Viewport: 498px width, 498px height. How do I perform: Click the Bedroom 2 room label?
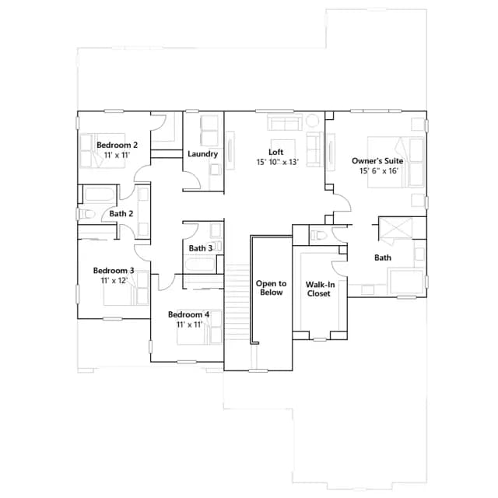pyautogui.click(x=117, y=146)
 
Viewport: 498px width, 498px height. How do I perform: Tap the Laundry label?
pyautogui.click(x=202, y=154)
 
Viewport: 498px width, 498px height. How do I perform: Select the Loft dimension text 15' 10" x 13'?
pyautogui.click(x=278, y=162)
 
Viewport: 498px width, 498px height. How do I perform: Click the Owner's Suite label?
pyautogui.click(x=377, y=161)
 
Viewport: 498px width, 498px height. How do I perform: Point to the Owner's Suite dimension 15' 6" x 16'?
pyautogui.click(x=379, y=171)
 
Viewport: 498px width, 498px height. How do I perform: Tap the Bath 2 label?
pyautogui.click(x=121, y=214)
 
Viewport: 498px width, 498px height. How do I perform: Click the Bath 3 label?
pyautogui.click(x=201, y=248)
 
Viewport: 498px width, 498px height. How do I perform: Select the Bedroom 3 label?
pyautogui.click(x=114, y=271)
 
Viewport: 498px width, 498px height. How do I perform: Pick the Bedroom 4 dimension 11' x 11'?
pyautogui.click(x=189, y=324)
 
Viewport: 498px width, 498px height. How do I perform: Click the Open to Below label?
pyautogui.click(x=272, y=288)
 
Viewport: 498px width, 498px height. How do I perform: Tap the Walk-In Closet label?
pyautogui.click(x=320, y=289)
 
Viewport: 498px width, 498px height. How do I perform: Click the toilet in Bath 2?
pyautogui.click(x=86, y=214)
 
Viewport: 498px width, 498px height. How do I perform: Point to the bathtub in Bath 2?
pyautogui.click(x=99, y=195)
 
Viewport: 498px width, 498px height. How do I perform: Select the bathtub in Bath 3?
pyautogui.click(x=200, y=265)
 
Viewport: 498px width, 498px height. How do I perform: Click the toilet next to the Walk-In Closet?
pyautogui.click(x=318, y=235)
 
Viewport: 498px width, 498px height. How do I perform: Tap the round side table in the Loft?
pyautogui.click(x=312, y=121)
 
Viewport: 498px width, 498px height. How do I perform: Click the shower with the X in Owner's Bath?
pyautogui.click(x=396, y=228)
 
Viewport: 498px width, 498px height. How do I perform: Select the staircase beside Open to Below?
pyautogui.click(x=237, y=303)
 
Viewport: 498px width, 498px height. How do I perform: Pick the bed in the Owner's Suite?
pyautogui.click(x=396, y=162)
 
